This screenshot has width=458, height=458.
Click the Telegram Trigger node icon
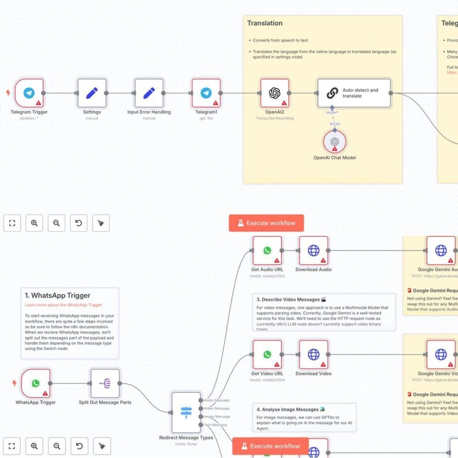(29, 93)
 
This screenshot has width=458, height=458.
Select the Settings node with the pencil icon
(92, 93)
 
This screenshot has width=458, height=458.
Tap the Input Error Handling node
(149, 93)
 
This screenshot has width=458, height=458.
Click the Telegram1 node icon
(206, 93)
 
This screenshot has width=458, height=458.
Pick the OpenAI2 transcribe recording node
(275, 93)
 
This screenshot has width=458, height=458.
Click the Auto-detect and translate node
(354, 93)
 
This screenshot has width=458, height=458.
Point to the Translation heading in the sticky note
(265, 24)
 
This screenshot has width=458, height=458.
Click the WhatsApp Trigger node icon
(36, 384)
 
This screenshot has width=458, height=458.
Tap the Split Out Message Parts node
(105, 384)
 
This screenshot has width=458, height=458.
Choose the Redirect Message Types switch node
(186, 412)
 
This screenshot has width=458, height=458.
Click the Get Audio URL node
(267, 250)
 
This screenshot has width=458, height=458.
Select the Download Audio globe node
(313, 250)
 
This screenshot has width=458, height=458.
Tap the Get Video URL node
(267, 354)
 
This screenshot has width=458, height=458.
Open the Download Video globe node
(313, 354)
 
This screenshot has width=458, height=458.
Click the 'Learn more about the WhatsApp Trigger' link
(63, 305)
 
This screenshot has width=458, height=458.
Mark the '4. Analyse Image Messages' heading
(287, 409)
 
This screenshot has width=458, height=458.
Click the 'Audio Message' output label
(217, 400)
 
